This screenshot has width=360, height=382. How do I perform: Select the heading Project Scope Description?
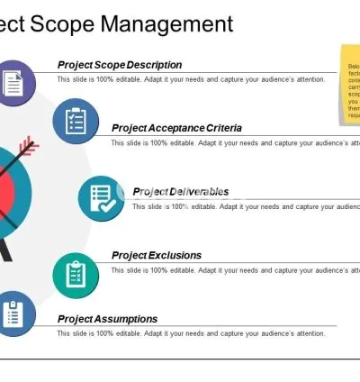[x=120, y=65]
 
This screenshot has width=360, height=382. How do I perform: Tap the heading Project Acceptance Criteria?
[x=176, y=128]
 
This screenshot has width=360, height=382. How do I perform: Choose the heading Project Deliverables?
[x=180, y=192]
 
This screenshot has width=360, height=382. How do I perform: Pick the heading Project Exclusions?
[x=157, y=255]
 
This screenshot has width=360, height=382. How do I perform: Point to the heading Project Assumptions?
[x=108, y=319]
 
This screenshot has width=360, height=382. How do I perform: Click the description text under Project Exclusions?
[x=234, y=269]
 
